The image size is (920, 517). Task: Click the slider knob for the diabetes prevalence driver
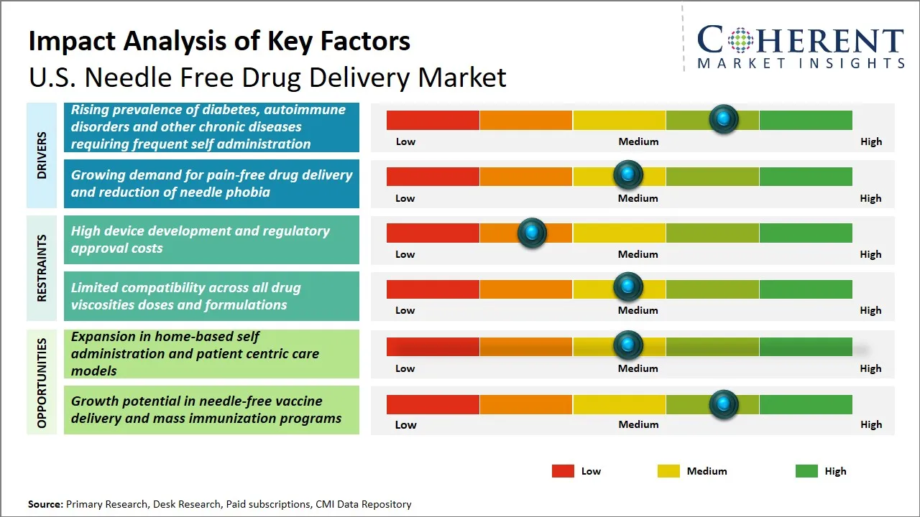pyautogui.click(x=723, y=119)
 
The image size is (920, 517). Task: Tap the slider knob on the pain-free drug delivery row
pyautogui.click(x=627, y=175)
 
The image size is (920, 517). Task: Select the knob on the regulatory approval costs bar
pyautogui.click(x=532, y=232)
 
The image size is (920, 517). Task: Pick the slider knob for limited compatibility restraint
pyautogui.click(x=627, y=288)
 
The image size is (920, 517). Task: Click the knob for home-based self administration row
pyautogui.click(x=627, y=345)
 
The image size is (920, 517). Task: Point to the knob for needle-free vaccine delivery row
pyautogui.click(x=723, y=404)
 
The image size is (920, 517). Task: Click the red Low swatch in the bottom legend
pyautogui.click(x=563, y=471)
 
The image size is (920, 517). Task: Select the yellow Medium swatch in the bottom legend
pyautogui.click(x=668, y=471)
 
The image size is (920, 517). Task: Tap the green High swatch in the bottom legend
pyautogui.click(x=806, y=471)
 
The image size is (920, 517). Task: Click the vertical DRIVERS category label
pyautogui.click(x=42, y=155)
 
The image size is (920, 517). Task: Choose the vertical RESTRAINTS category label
pyautogui.click(x=42, y=268)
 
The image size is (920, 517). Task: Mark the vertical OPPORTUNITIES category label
pyautogui.click(x=42, y=383)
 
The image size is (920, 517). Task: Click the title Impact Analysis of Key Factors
pyautogui.click(x=219, y=42)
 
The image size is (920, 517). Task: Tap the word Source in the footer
pyautogui.click(x=45, y=504)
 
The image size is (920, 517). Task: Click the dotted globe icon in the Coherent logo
pyautogui.click(x=740, y=40)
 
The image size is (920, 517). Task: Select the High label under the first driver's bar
pyautogui.click(x=870, y=141)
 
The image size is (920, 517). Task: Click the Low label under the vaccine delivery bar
pyautogui.click(x=405, y=424)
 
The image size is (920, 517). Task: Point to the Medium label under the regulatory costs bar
pyautogui.click(x=638, y=254)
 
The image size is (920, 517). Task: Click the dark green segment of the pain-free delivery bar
pyautogui.click(x=805, y=176)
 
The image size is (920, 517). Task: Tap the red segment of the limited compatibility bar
pyautogui.click(x=433, y=289)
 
